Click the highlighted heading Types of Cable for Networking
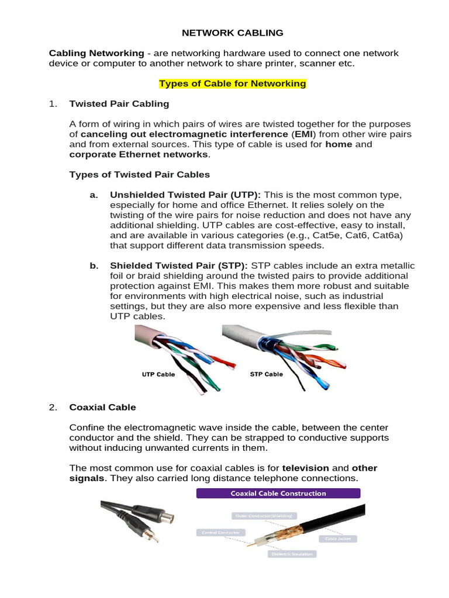[x=233, y=84]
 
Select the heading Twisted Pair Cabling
[x=119, y=104]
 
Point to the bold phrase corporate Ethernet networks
[x=139, y=154]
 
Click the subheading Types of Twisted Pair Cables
[x=139, y=175]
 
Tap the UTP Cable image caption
[x=158, y=374]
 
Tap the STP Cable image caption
[x=266, y=374]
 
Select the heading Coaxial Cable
[x=102, y=408]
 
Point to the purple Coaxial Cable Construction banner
[x=278, y=493]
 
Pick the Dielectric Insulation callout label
[x=291, y=553]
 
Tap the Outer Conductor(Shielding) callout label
[x=263, y=516]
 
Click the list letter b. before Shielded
[x=94, y=266]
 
